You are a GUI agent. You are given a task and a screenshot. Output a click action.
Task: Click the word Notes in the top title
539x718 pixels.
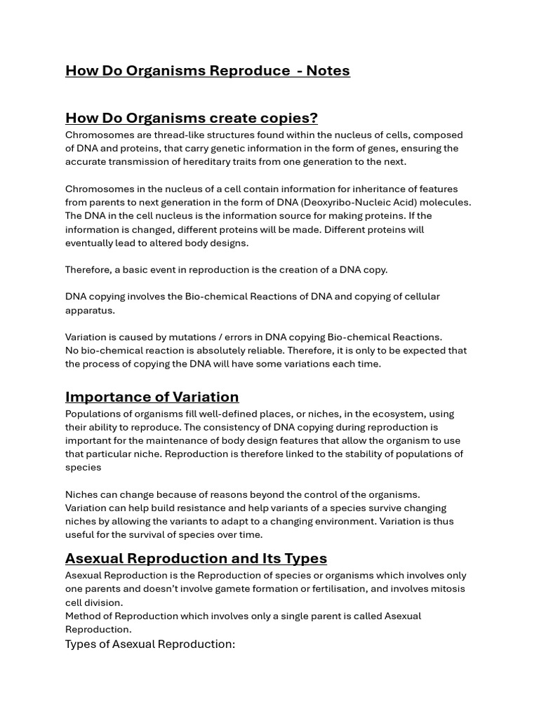328,71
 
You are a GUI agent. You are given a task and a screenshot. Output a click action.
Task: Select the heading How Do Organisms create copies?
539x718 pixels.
192,118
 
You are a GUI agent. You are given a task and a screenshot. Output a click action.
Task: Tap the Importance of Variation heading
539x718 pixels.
152,397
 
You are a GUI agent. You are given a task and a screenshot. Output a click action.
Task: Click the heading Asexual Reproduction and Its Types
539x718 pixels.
196,558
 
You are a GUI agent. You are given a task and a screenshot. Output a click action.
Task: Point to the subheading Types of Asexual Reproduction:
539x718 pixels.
150,644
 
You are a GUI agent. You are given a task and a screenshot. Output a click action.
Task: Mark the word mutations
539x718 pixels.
194,337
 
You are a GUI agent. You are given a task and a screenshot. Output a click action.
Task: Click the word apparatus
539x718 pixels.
90,310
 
